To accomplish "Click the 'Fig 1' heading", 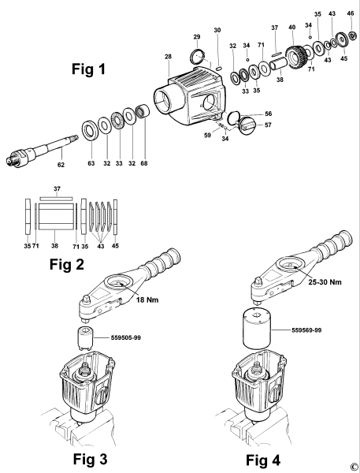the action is coord(89,69).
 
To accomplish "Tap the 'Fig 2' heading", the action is coord(67,265).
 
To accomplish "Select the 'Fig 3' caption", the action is coord(90,459).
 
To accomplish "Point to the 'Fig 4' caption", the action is coord(263,460).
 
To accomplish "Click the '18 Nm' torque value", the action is coord(147,300).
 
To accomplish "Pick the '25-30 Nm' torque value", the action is coord(325,282).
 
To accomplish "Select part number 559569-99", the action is coord(306,330).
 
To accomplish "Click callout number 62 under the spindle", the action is coord(61,165).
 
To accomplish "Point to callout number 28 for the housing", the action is coord(168,57).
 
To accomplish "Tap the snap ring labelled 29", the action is coord(198,57).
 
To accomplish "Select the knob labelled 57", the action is coord(247,126).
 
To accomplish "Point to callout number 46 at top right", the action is coord(351,13).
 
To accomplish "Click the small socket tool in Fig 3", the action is coord(84,338).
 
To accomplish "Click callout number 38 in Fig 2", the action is coord(54,246).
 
